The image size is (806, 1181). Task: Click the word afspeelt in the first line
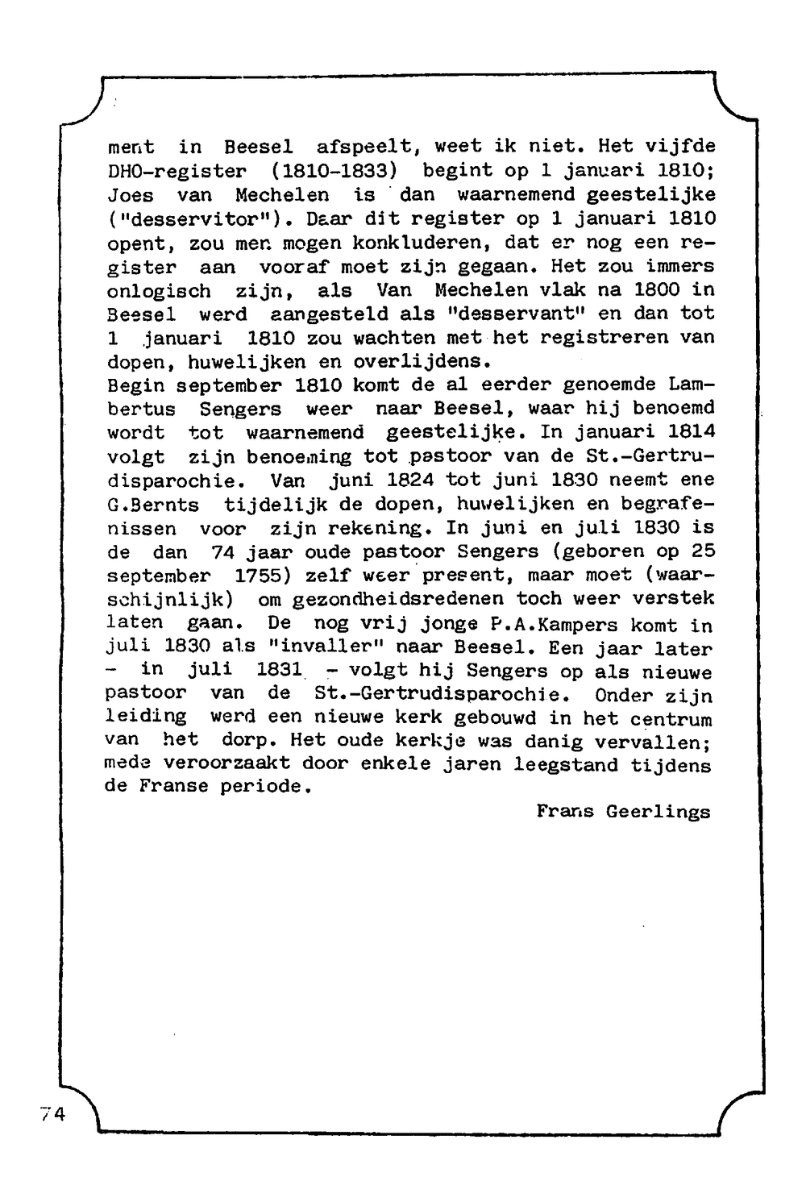click(364, 148)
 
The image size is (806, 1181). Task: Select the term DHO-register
click(177, 172)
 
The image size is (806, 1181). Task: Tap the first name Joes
click(130, 196)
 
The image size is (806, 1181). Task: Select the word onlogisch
click(159, 290)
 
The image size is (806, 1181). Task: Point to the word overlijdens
click(422, 361)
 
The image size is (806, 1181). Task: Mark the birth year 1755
click(268, 576)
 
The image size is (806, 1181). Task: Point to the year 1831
click(279, 670)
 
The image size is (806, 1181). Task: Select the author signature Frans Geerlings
click(624, 812)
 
